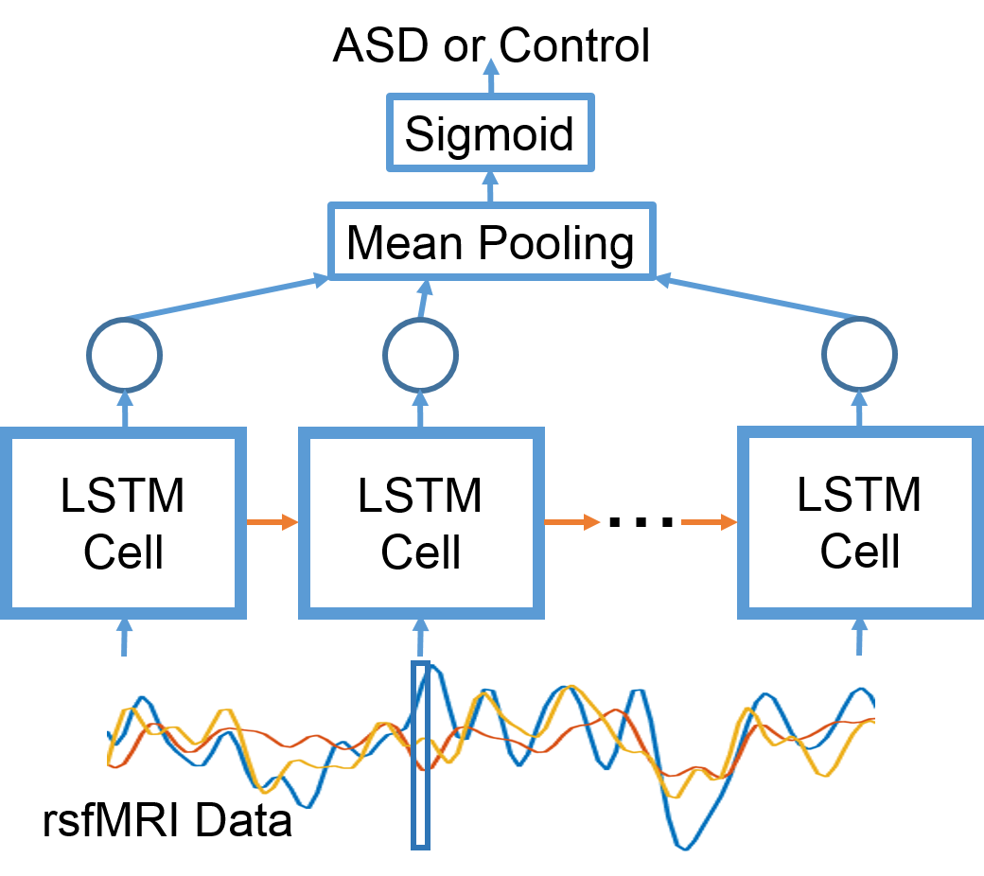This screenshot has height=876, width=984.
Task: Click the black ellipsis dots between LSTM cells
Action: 641,521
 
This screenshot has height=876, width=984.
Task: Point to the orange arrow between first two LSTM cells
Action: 272,521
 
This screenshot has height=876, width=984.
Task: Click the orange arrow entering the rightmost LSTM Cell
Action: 709,521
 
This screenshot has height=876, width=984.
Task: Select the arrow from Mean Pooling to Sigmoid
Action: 491,186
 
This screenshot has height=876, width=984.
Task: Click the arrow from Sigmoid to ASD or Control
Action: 491,76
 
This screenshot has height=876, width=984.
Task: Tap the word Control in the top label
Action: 574,45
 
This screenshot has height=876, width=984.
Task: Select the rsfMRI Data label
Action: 167,820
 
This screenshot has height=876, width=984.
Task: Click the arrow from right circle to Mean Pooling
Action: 758,297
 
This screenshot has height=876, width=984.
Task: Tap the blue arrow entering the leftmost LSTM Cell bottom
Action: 124,637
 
